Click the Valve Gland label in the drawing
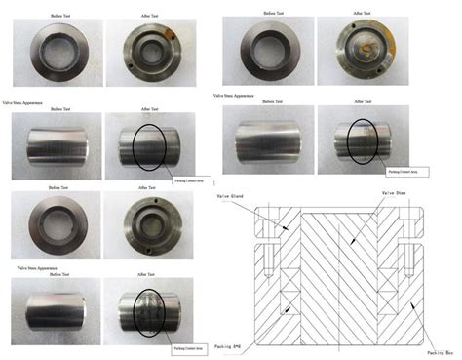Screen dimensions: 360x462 point(244,196)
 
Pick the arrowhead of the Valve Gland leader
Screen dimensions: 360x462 point(285,230)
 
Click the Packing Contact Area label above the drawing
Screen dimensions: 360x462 point(404,172)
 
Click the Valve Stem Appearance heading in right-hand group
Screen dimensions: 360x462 point(234,96)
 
